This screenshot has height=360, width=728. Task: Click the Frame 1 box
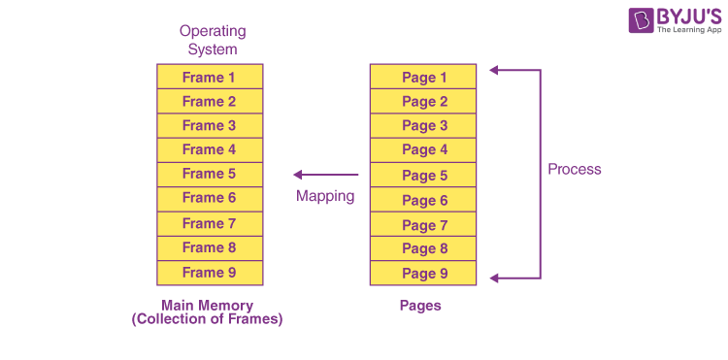click(210, 77)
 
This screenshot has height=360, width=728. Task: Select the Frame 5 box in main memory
click(210, 175)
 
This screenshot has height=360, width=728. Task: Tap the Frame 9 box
click(210, 273)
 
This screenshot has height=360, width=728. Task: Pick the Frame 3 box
click(210, 126)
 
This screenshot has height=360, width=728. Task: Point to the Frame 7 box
click(210, 224)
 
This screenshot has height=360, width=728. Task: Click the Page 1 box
click(423, 77)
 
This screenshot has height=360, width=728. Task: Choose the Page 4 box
click(423, 150)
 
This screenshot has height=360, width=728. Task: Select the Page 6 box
click(423, 200)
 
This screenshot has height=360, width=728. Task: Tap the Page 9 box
click(423, 273)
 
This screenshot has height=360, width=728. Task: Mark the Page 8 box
click(423, 248)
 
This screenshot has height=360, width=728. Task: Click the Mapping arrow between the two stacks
click(326, 175)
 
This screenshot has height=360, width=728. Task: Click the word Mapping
click(325, 196)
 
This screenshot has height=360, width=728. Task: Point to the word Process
click(575, 170)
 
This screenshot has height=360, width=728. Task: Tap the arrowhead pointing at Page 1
click(494, 70)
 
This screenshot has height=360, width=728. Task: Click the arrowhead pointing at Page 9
click(494, 278)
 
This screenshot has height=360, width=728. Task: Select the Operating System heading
click(213, 41)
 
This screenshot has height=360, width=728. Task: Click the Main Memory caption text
click(207, 312)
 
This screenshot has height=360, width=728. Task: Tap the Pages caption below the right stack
click(420, 306)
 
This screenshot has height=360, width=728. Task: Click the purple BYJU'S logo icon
click(641, 20)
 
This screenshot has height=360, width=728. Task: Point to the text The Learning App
click(689, 29)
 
